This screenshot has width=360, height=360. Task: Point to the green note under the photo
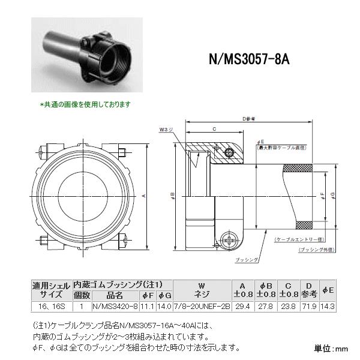[85, 104]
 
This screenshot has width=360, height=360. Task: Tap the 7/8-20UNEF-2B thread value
[193, 306]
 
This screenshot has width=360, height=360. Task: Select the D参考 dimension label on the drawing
[249, 119]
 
